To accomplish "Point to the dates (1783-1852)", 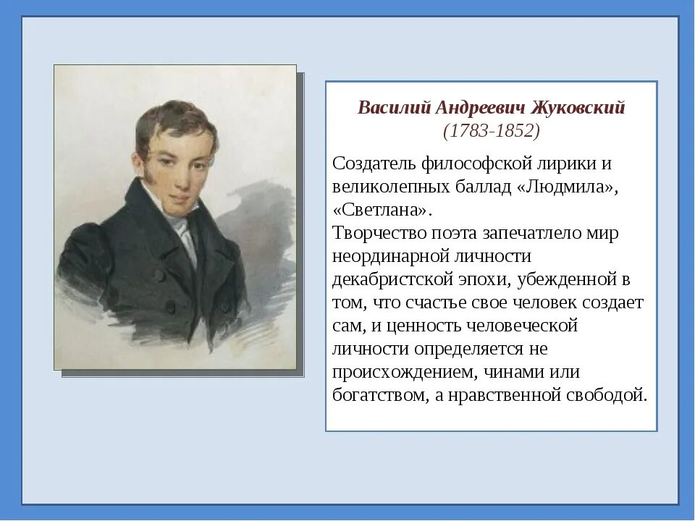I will click(x=492, y=132).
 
